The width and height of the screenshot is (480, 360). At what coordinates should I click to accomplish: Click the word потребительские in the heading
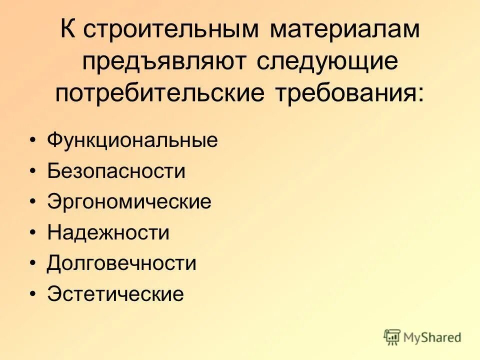(x=166, y=93)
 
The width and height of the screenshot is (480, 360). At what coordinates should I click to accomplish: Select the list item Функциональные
(x=132, y=140)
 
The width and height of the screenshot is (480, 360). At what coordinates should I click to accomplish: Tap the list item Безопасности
(x=116, y=171)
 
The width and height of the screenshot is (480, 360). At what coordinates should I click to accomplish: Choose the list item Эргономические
(x=129, y=202)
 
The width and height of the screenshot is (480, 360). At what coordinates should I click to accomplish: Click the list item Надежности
(x=108, y=233)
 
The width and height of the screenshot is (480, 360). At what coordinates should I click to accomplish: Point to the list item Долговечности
(x=121, y=263)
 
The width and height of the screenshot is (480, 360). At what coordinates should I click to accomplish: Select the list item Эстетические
(x=115, y=294)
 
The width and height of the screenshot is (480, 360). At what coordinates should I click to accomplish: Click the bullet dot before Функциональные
(x=32, y=141)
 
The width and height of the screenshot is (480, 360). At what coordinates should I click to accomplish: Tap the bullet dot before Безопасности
(x=32, y=172)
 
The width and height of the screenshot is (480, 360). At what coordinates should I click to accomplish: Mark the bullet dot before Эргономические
(x=32, y=202)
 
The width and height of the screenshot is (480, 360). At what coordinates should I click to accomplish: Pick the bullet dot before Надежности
(x=32, y=233)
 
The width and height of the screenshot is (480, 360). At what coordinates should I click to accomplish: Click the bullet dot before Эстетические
(x=32, y=294)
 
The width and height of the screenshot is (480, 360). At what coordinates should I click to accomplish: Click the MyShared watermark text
(x=433, y=337)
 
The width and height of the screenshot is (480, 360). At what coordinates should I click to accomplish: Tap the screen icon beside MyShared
(x=392, y=336)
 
